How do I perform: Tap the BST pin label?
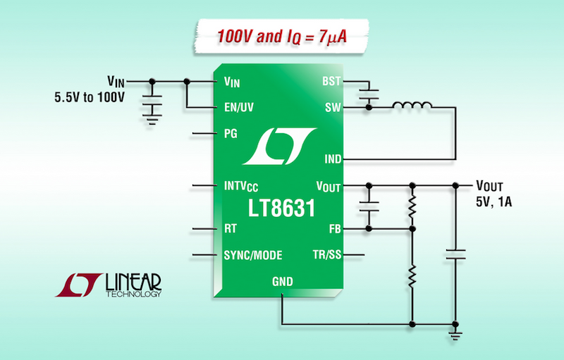point(331,82)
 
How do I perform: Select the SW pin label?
point(333,108)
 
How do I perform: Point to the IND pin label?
point(331,159)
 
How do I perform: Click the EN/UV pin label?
point(238,108)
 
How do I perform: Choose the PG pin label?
point(230,133)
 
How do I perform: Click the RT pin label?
point(230,229)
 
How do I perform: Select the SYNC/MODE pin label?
point(255,254)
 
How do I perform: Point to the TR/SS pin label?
point(327,254)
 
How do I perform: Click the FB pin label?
point(334,229)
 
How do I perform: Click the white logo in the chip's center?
point(278,144)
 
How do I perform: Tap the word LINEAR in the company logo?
point(133,281)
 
